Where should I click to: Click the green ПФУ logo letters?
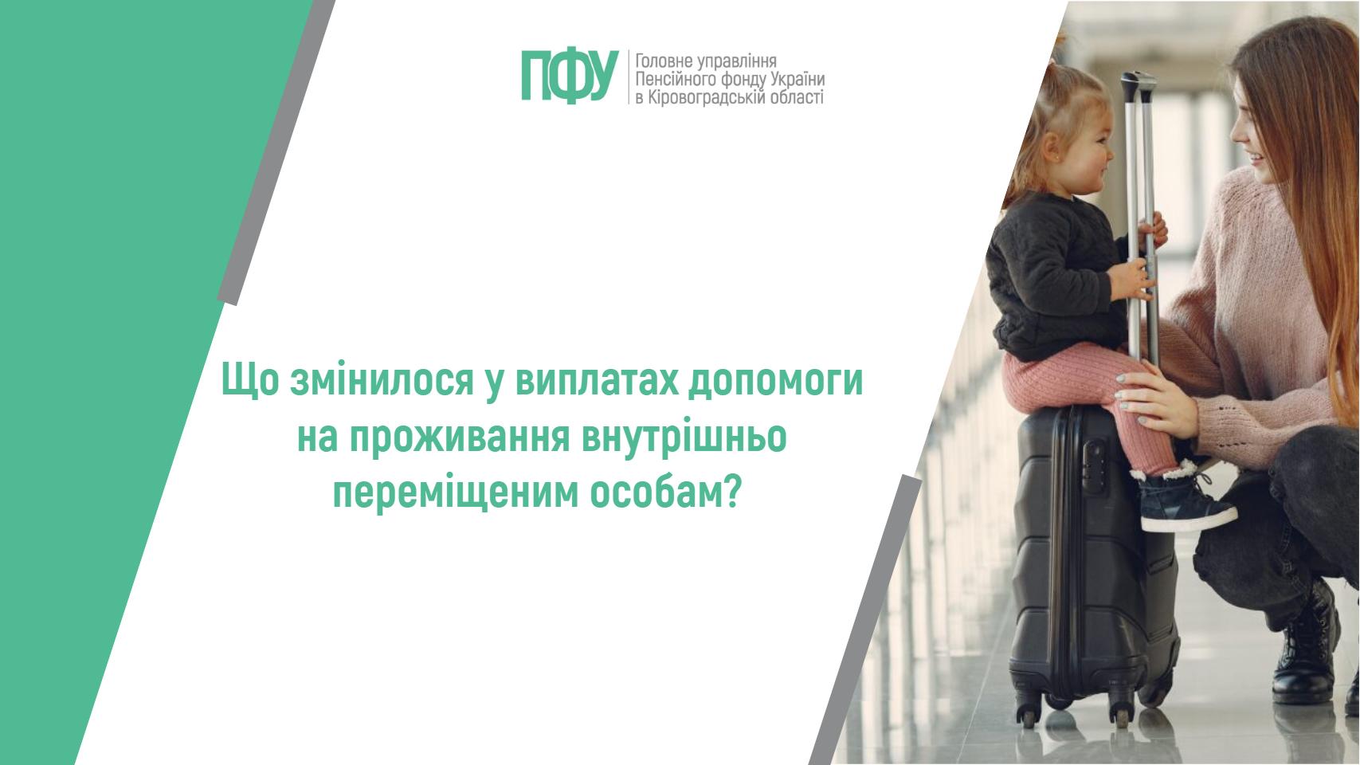point(570,76)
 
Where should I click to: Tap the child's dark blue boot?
point(1183,503)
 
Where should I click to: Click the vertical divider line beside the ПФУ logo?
point(628,77)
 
